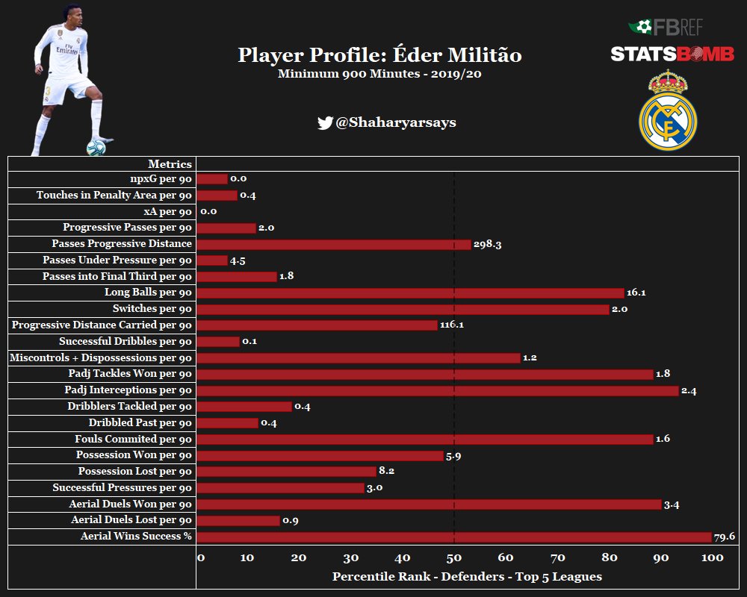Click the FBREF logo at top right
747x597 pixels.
pos(666,28)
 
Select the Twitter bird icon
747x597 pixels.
pos(324,123)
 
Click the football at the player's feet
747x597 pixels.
pos(96,146)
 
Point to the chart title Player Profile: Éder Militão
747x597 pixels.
pos(379,55)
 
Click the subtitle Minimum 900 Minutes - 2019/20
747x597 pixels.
pos(379,75)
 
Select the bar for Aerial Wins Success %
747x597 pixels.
pos(454,537)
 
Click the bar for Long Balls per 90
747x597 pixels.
pos(410,293)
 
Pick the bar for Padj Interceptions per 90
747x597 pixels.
pos(438,390)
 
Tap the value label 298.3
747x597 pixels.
pos(487,244)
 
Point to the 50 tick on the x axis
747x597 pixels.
pos(453,558)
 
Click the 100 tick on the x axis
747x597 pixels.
pos(712,558)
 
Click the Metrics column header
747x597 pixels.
pos(170,164)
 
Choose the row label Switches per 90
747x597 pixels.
pos(152,309)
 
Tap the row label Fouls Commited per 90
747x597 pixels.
pos(133,439)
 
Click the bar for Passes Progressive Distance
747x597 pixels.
pos(334,244)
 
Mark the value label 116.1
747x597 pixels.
pos(452,325)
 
